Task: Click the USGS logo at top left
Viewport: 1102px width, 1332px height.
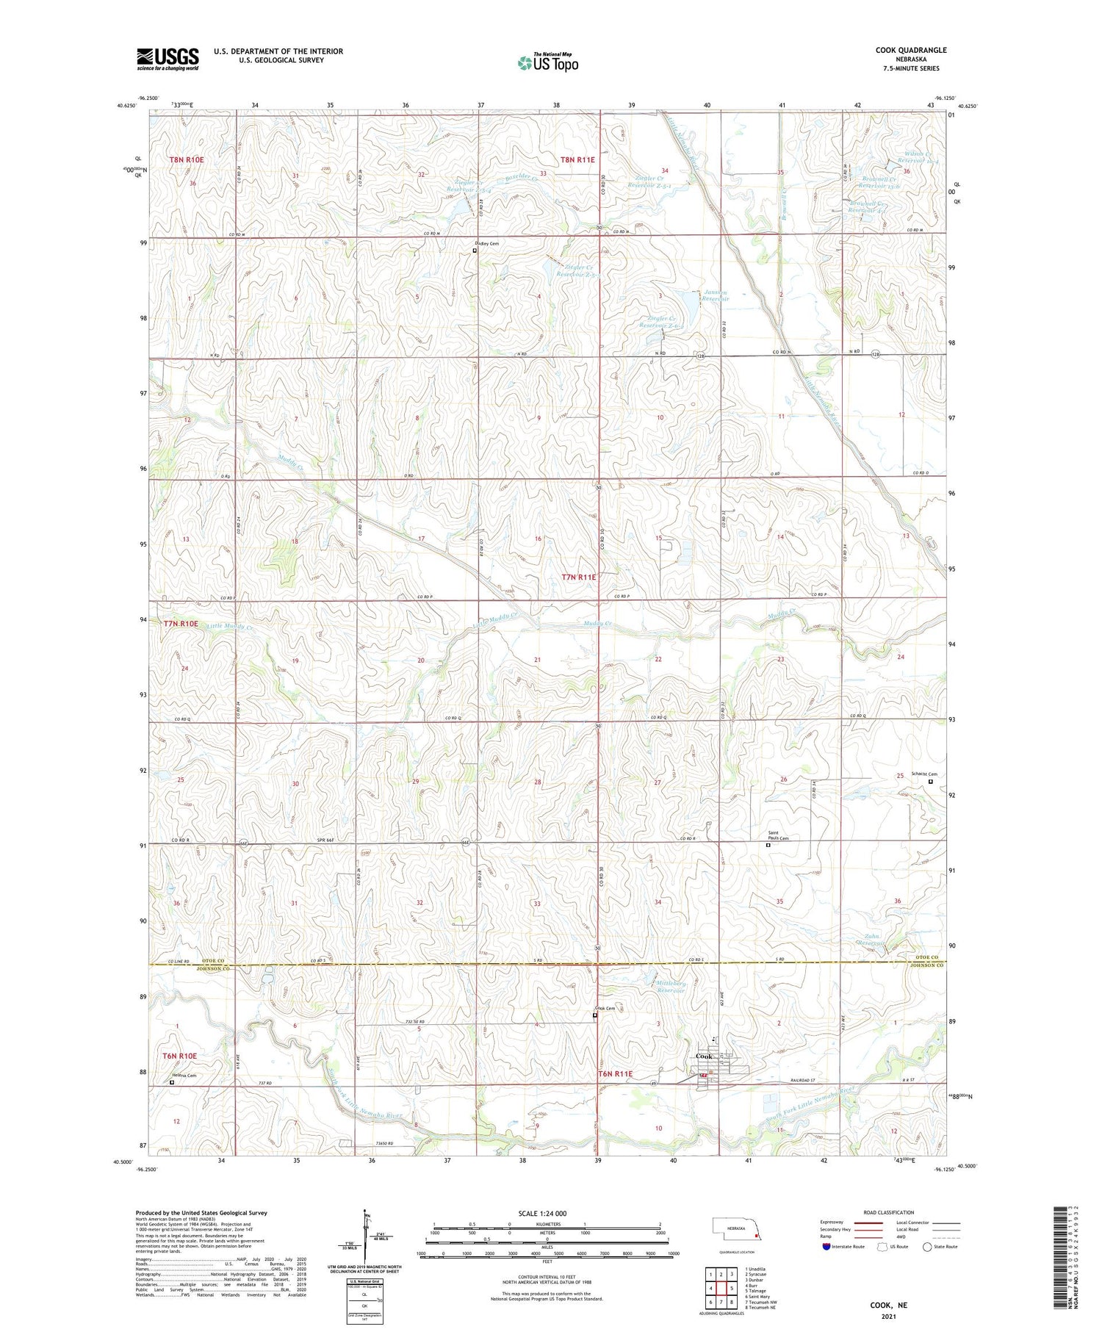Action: click(x=168, y=59)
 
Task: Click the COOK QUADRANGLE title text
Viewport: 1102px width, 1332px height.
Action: click(x=910, y=50)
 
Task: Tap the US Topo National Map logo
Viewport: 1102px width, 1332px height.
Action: click(x=547, y=62)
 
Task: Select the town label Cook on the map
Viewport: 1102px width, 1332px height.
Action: click(x=705, y=1056)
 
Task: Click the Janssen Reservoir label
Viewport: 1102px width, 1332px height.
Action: click(x=715, y=295)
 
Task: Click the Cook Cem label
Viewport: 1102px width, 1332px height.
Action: click(x=605, y=1009)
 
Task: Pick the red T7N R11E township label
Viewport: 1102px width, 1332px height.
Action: click(x=579, y=577)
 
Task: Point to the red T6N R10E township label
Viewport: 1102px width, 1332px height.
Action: click(x=180, y=1056)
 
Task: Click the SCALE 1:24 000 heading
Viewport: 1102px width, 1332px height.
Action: click(x=542, y=1213)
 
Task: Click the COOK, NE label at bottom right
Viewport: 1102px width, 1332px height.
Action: click(x=889, y=1305)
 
